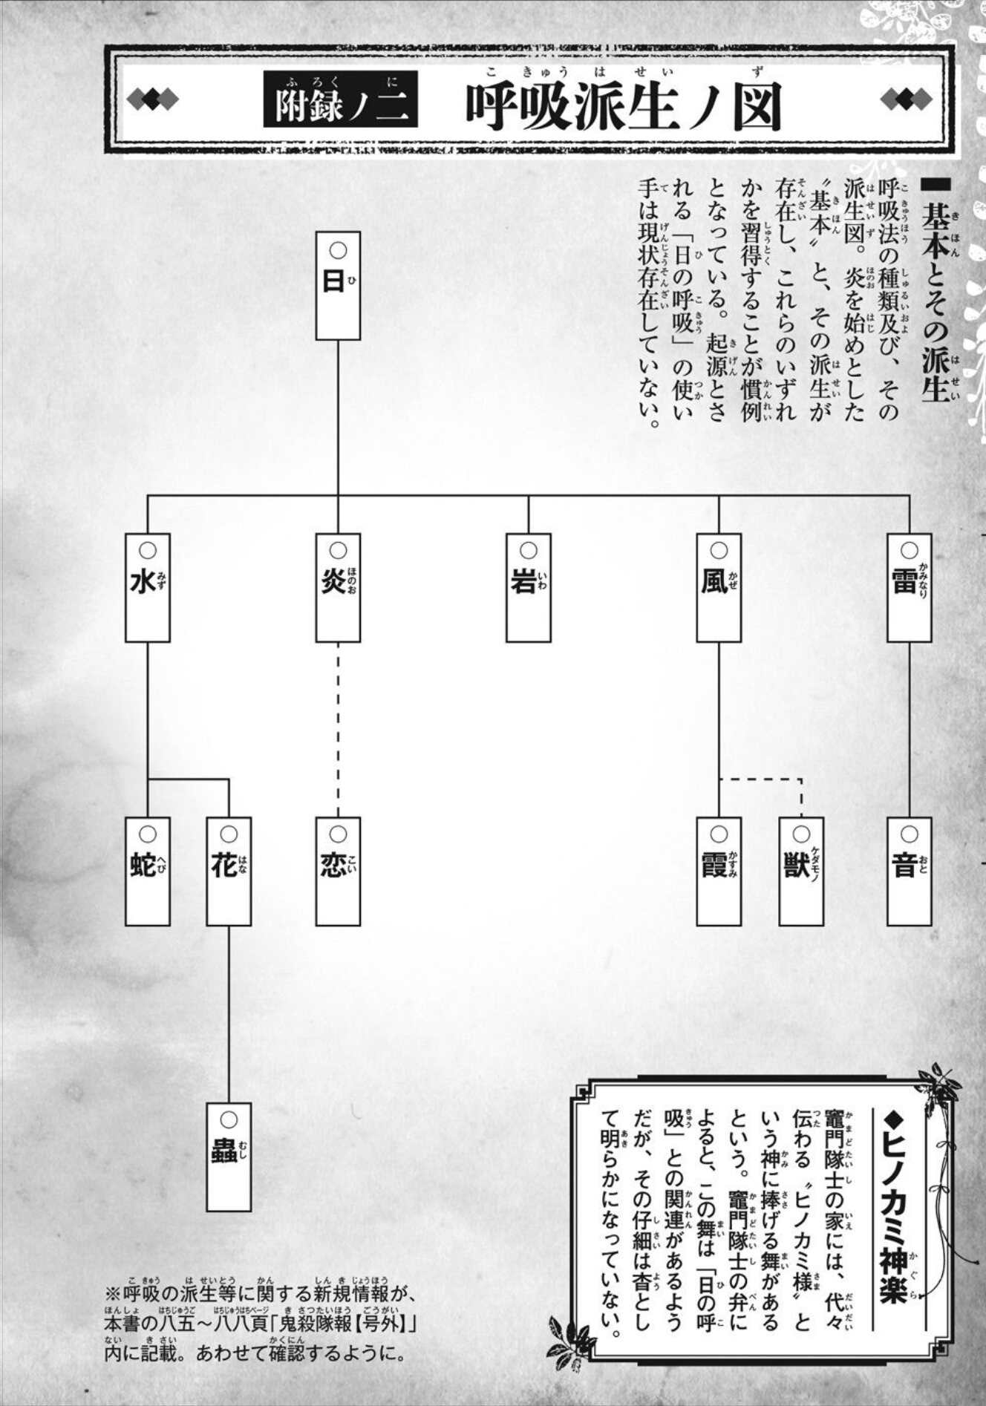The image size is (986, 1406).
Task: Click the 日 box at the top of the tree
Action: click(338, 285)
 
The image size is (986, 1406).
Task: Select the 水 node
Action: click(147, 586)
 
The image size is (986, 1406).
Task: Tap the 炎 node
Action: click(338, 586)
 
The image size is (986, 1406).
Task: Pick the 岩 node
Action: click(528, 586)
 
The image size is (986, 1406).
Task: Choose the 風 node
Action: click(719, 586)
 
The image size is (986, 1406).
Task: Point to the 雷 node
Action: click(909, 586)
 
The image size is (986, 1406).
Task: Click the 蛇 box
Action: click(147, 871)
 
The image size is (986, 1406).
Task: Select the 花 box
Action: click(229, 871)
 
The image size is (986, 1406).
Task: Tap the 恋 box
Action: click(338, 871)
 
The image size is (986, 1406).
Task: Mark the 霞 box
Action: click(719, 871)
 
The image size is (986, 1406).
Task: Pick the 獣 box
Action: click(801, 871)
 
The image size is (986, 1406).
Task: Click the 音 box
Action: click(909, 871)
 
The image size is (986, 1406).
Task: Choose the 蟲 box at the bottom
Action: click(229, 1157)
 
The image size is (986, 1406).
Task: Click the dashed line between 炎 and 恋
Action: click(338, 727)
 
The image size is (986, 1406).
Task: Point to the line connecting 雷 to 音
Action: click(909, 727)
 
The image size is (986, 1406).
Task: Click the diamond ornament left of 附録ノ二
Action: click(153, 99)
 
